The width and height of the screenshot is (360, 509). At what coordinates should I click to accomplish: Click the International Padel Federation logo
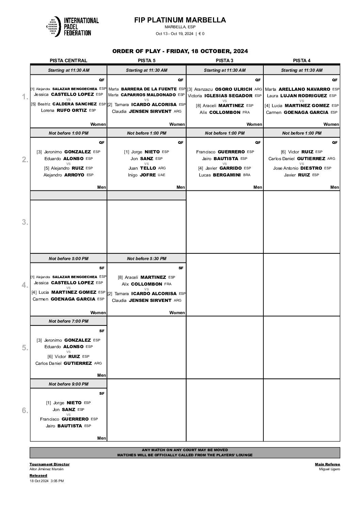click(72, 26)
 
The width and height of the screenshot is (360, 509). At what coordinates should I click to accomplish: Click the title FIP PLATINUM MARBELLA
click(180, 20)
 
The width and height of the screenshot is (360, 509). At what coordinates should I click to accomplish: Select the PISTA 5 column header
click(146, 61)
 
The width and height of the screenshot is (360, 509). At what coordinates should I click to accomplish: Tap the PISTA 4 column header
click(301, 61)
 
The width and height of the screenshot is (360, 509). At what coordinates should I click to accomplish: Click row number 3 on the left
click(25, 222)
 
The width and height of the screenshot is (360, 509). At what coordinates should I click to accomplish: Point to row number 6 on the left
click(25, 410)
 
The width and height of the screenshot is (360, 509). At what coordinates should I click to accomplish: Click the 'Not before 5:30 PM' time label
click(147, 258)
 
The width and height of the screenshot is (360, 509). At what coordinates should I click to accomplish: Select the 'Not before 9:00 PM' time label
click(68, 384)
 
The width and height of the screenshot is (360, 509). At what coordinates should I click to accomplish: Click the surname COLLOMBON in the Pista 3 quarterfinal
click(225, 112)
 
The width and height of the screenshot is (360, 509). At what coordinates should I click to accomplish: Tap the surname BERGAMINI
click(227, 175)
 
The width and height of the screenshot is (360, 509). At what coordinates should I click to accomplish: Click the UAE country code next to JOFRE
click(161, 175)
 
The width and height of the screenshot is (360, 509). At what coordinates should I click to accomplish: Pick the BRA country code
click(247, 175)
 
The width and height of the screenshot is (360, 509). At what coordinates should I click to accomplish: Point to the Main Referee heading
click(327, 464)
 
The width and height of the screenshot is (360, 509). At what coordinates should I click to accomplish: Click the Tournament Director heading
click(49, 464)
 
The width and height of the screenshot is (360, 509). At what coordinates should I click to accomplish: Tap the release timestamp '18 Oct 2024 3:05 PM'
click(47, 481)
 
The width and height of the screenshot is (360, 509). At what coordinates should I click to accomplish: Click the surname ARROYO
click(74, 175)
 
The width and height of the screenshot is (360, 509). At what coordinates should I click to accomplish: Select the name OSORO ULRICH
click(233, 89)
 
